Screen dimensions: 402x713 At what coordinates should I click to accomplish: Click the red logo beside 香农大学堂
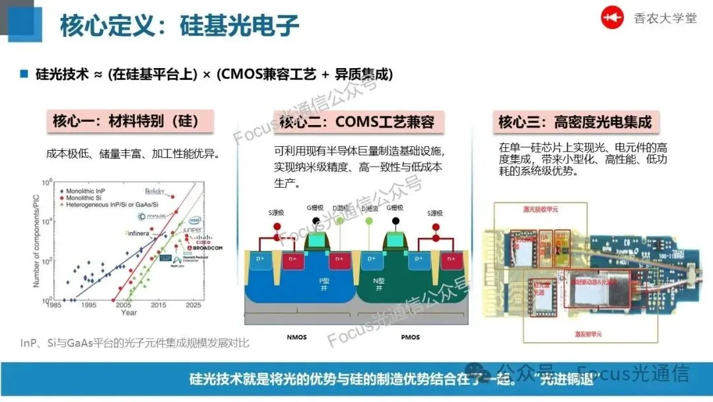click(612, 19)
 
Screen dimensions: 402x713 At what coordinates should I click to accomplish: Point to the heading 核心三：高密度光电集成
click(574, 122)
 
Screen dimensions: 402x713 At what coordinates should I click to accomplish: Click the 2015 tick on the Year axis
click(158, 305)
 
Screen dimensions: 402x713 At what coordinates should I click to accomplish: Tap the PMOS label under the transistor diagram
click(411, 337)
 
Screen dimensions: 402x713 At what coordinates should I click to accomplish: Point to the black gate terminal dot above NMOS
click(318, 220)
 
